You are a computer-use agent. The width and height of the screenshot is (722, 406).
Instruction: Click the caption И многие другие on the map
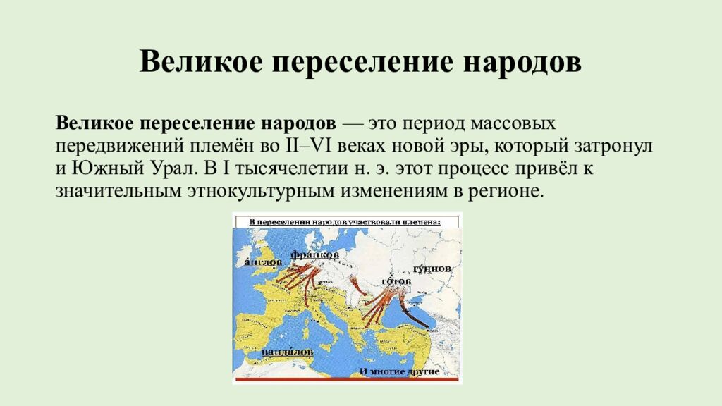coord(399,371)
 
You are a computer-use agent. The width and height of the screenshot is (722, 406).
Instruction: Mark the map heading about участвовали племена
coord(345,221)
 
